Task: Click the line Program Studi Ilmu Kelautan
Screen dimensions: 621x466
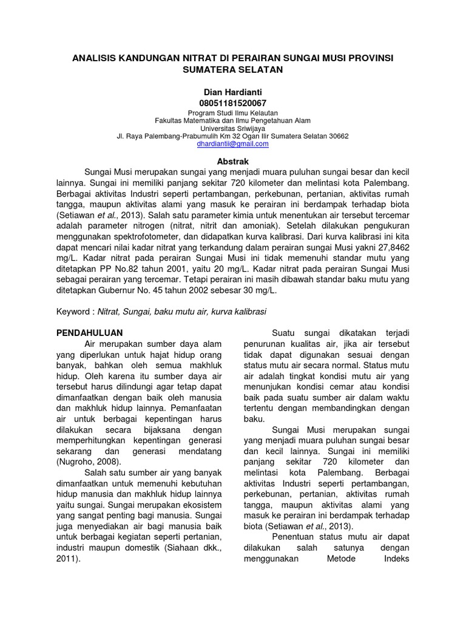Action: point(233,113)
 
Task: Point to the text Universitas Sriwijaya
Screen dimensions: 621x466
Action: point(233,129)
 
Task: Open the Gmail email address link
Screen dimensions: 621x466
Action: point(233,144)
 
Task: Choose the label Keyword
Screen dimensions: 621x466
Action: point(72,310)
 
